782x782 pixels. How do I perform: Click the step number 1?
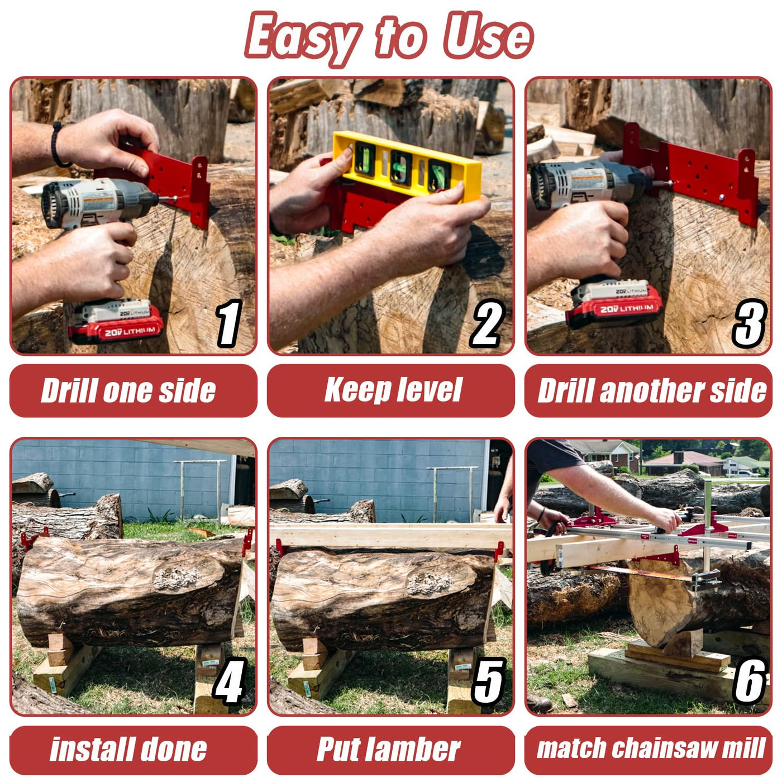tap(228, 323)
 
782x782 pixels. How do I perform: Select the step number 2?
tap(487, 323)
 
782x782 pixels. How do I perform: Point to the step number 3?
tap(749, 323)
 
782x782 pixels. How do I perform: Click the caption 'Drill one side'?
tap(128, 390)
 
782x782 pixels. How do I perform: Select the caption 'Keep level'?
tap(393, 390)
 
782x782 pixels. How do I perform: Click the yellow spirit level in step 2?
tap(407, 166)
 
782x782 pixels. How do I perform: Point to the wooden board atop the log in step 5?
tap(390, 535)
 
